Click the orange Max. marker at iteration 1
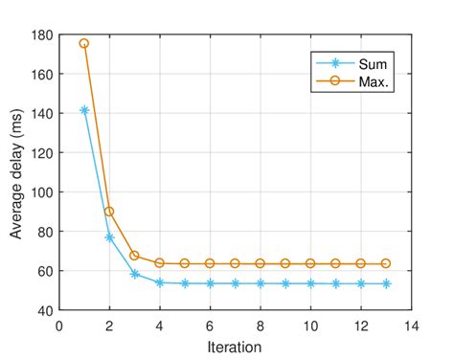tap(84, 44)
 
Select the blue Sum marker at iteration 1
tap(84, 110)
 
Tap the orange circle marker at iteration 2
tap(109, 212)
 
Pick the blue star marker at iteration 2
tap(109, 237)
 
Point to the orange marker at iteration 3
tap(134, 256)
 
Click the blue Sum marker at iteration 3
tap(134, 274)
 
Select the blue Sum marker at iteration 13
tap(386, 283)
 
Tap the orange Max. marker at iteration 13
tap(386, 263)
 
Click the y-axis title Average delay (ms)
tap(17, 172)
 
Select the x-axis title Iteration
tap(235, 347)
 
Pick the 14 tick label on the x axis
tap(411, 325)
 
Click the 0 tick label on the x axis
tap(59, 325)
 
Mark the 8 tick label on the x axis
tap(261, 325)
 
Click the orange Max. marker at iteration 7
tap(235, 263)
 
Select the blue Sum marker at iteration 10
tap(310, 283)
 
